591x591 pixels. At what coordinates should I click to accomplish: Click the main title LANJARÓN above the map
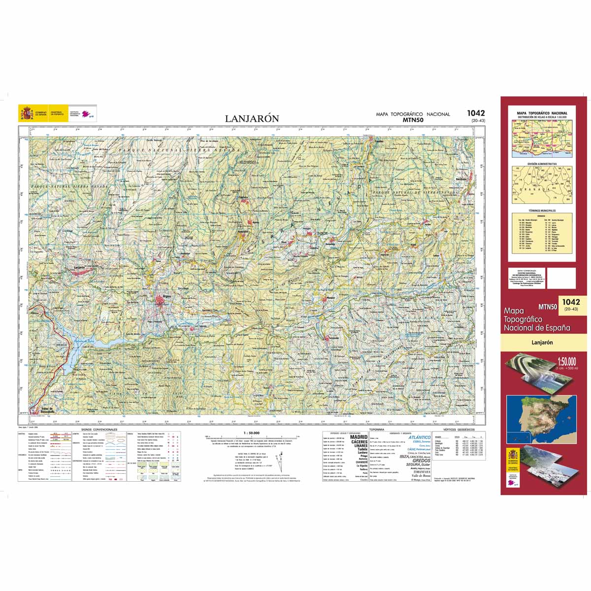pyautogui.click(x=252, y=119)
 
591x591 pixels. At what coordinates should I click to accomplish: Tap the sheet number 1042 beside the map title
pyautogui.click(x=476, y=113)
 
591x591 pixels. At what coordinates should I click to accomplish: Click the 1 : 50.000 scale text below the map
pyautogui.click(x=252, y=433)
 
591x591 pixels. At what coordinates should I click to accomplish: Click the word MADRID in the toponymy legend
pyautogui.click(x=358, y=437)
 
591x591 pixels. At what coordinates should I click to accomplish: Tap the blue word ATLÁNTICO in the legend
pyautogui.click(x=419, y=437)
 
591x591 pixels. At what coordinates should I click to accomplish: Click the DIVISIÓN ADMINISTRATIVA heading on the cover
pyautogui.click(x=542, y=164)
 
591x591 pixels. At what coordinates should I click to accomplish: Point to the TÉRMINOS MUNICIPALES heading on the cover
pyautogui.click(x=542, y=210)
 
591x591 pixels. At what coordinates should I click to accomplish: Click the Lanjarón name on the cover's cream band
pyautogui.click(x=542, y=342)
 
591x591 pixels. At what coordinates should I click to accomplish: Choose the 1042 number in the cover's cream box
pyautogui.click(x=570, y=302)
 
